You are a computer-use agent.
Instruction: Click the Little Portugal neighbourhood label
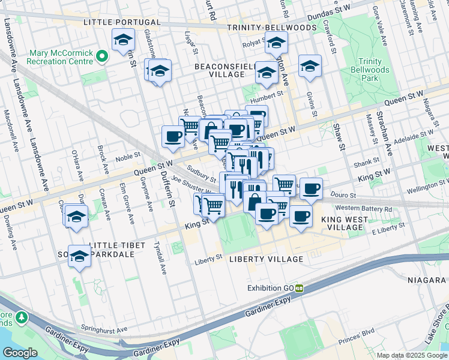[x=122, y=22]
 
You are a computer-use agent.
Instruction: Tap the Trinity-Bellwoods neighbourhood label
[x=271, y=28]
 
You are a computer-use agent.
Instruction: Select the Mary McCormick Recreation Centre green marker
[x=101, y=57]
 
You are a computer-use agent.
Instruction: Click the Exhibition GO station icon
[x=299, y=288]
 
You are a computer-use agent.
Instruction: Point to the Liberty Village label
[x=266, y=259]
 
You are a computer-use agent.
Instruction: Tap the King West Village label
[x=343, y=224]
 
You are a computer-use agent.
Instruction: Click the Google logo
[x=20, y=353]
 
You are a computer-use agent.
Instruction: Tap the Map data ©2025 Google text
[x=412, y=355]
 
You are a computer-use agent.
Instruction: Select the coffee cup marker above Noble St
[x=173, y=136]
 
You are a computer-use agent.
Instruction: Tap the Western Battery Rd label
[x=364, y=208]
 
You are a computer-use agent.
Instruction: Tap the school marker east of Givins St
[x=310, y=66]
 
